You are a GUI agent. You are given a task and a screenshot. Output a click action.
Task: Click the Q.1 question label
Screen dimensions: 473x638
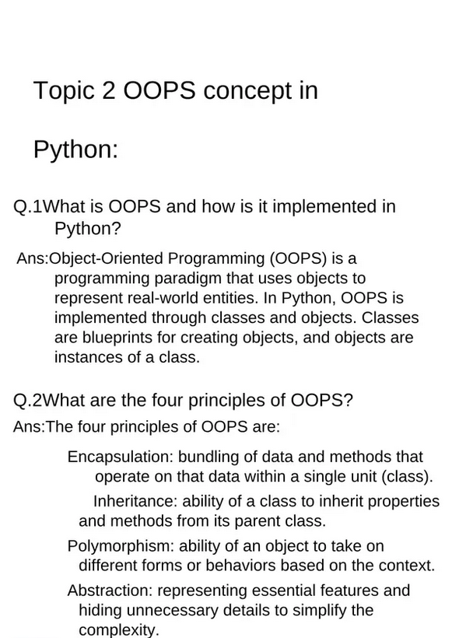pyautogui.click(x=28, y=207)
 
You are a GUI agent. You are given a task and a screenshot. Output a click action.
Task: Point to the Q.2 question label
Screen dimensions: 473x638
pyautogui.click(x=28, y=401)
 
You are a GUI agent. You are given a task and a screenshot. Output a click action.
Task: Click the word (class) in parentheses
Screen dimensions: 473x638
pyautogui.click(x=407, y=477)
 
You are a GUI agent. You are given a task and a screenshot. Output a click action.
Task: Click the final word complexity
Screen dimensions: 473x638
pyautogui.click(x=118, y=630)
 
